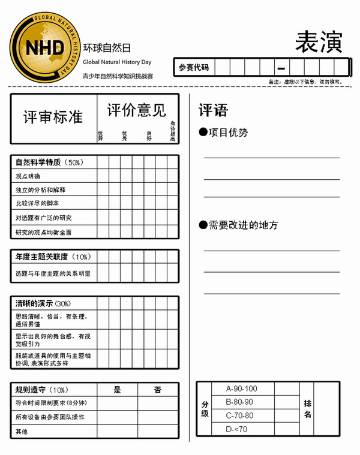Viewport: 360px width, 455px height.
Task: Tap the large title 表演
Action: pyautogui.click(x=319, y=41)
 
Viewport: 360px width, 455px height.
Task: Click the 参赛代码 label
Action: pyautogui.click(x=194, y=68)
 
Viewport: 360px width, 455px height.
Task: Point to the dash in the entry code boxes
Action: pyautogui.click(x=281, y=68)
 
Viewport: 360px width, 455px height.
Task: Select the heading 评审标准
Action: pyautogui.click(x=53, y=117)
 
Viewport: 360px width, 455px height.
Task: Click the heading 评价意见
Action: pyautogui.click(x=137, y=110)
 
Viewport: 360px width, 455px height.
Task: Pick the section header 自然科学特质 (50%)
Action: pyautogui.click(x=49, y=162)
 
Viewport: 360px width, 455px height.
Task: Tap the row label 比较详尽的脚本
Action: pyautogui.click(x=37, y=204)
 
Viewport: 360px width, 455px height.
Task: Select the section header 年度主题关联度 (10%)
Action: pyautogui.click(x=53, y=257)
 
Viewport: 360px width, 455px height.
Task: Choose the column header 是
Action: pyautogui.click(x=118, y=390)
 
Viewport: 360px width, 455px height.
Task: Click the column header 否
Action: pyautogui.click(x=158, y=390)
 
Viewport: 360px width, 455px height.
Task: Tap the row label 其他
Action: pyautogui.click(x=22, y=431)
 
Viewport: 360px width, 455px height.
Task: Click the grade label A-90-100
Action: pyautogui.click(x=242, y=388)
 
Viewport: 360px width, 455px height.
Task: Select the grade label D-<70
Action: pyautogui.click(x=236, y=429)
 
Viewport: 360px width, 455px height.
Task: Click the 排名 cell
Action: pyautogui.click(x=308, y=409)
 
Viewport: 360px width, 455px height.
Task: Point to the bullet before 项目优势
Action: pyautogui.click(x=203, y=132)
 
